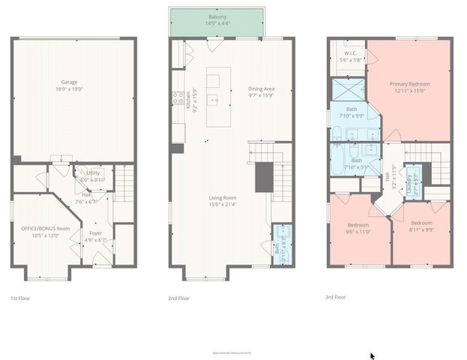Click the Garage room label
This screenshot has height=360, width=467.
(69, 85)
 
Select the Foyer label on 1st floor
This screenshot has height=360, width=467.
(96, 235)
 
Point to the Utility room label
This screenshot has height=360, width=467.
(93, 175)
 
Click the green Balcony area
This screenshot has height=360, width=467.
(217, 21)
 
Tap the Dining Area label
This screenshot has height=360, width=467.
(261, 91)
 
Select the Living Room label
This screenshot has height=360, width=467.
(223, 200)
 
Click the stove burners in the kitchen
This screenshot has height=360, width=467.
(178, 97)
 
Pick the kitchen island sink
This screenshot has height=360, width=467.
(214, 98)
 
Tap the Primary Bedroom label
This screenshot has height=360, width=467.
(409, 87)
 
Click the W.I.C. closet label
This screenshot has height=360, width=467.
(349, 55)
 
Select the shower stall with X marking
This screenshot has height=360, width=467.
(347, 91)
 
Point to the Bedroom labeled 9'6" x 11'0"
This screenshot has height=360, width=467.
(358, 228)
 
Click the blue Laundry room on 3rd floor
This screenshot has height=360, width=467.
(412, 178)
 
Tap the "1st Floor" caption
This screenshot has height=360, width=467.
(20, 298)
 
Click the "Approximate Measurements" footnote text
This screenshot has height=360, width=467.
(232, 352)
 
